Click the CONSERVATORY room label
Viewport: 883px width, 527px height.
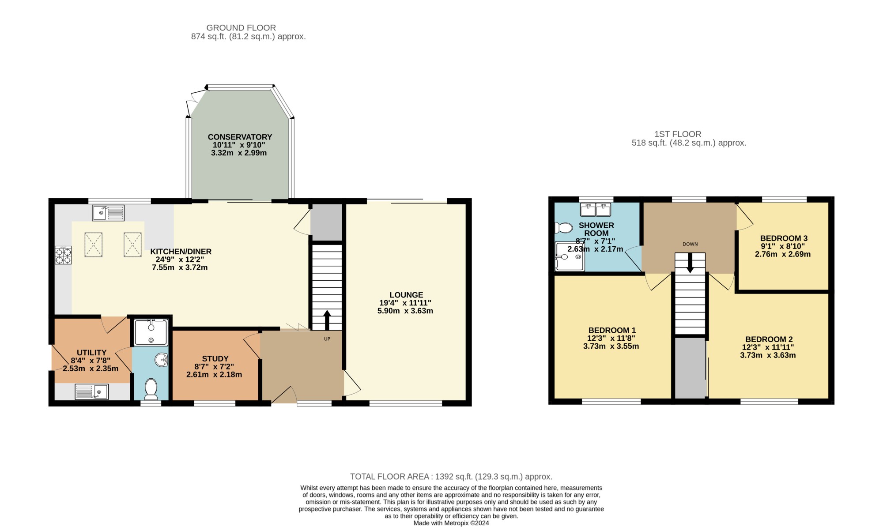[x=240, y=137]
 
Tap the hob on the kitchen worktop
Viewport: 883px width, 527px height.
[x=63, y=255]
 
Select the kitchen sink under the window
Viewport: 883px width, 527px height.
[x=108, y=213]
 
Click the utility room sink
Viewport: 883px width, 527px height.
[x=91, y=391]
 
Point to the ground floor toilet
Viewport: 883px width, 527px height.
[x=151, y=389]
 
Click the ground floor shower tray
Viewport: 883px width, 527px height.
[x=151, y=332]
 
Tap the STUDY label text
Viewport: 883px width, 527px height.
[x=215, y=359]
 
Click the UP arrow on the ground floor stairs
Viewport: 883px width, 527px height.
[x=327, y=320]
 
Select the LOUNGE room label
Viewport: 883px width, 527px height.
[x=406, y=295]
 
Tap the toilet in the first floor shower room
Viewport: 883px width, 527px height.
[x=563, y=228]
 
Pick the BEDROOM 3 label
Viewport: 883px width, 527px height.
[x=784, y=238]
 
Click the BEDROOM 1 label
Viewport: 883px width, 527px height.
[x=612, y=330]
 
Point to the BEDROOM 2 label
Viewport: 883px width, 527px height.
[x=769, y=339]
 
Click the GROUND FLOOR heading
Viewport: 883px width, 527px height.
[x=241, y=28]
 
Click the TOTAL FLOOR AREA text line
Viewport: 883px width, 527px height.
[x=451, y=477]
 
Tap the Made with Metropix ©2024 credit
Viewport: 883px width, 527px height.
[x=451, y=523]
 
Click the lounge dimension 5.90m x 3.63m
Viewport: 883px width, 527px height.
[x=405, y=311]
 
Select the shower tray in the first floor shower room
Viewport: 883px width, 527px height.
[x=570, y=256]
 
